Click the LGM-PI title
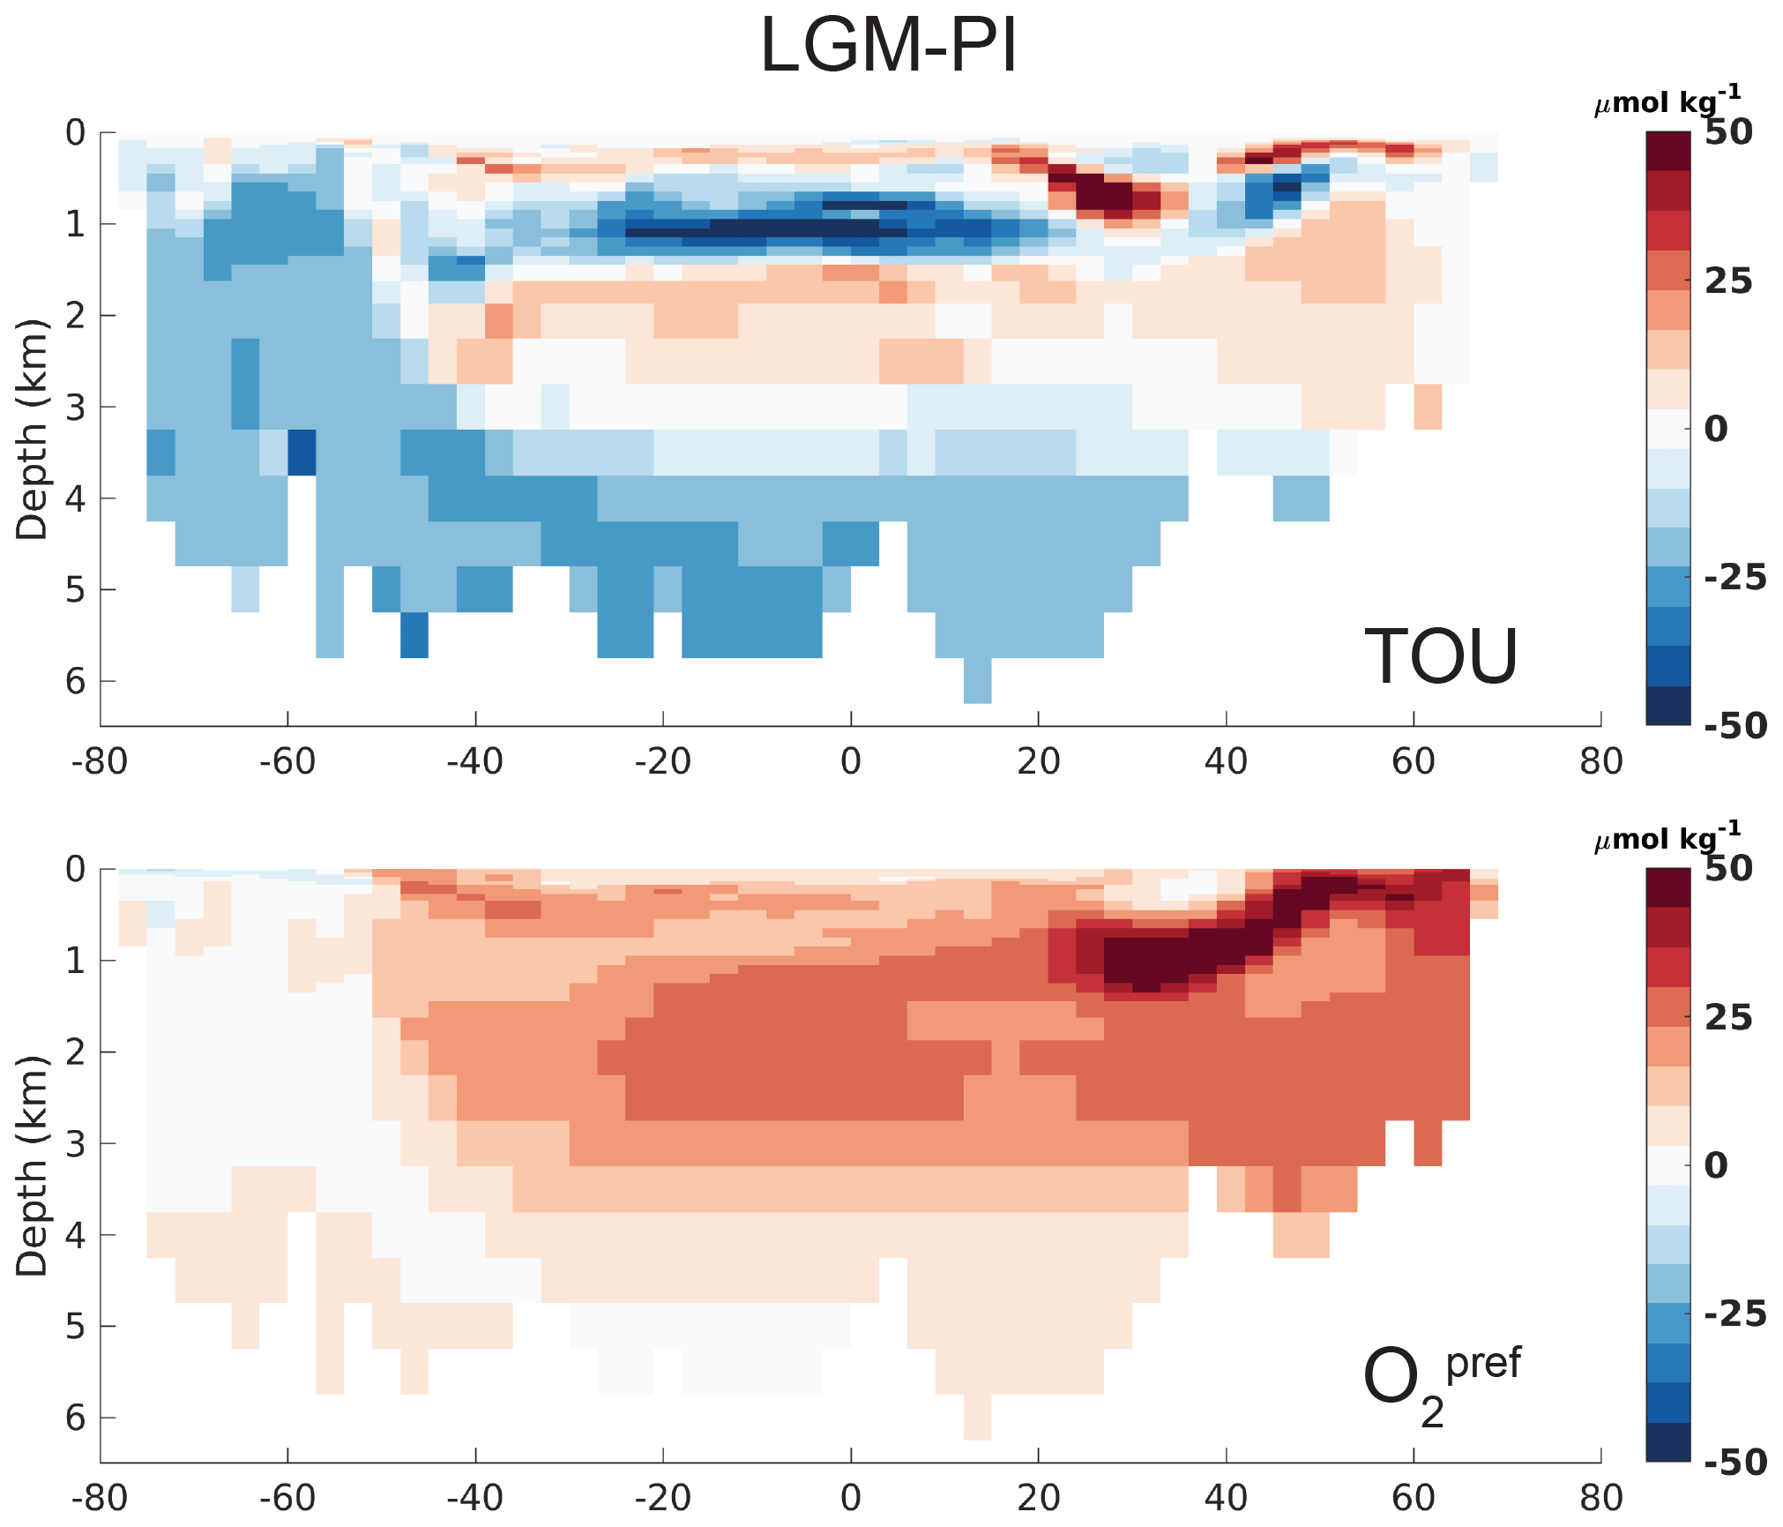click(x=888, y=46)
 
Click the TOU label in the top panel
click(x=1441, y=656)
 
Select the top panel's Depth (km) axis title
click(x=32, y=430)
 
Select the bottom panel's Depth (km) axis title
click(x=32, y=1166)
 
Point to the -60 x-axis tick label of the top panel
click(x=287, y=761)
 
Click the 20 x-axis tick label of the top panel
click(x=1038, y=761)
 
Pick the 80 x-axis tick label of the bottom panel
click(x=1600, y=1498)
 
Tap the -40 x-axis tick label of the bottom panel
click(x=475, y=1498)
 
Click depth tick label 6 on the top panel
click(x=76, y=681)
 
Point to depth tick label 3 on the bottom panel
click(x=76, y=1144)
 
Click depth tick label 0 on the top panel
click(x=76, y=133)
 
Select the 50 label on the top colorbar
click(x=1728, y=132)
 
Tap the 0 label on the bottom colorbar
click(x=1716, y=1165)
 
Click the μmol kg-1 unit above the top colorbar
click(x=1667, y=101)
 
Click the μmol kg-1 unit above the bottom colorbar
click(x=1667, y=837)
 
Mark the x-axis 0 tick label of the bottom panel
click(x=850, y=1498)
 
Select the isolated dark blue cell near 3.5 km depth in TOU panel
click(x=302, y=453)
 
